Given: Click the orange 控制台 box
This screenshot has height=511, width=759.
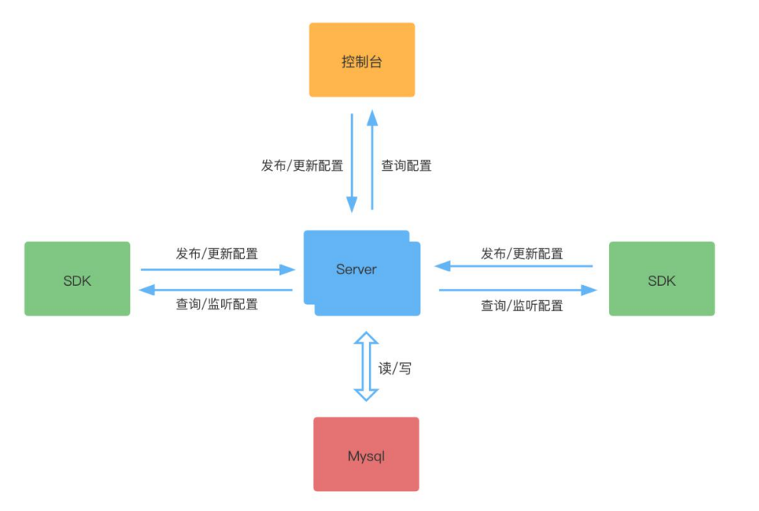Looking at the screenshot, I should pyautogui.click(x=362, y=60).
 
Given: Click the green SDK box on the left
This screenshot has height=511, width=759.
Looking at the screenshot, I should pyautogui.click(x=77, y=279).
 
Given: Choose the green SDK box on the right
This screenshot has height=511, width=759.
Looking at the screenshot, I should pyautogui.click(x=661, y=279).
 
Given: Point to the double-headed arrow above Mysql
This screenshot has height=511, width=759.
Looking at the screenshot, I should pyautogui.click(x=366, y=366).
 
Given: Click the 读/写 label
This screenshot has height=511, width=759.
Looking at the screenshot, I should pyautogui.click(x=395, y=368).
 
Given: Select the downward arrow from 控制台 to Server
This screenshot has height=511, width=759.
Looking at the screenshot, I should pyautogui.click(x=352, y=162).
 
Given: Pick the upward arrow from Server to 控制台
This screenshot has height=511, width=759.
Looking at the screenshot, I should pyautogui.click(x=372, y=159).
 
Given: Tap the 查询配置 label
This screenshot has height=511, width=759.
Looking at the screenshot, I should pyautogui.click(x=406, y=165).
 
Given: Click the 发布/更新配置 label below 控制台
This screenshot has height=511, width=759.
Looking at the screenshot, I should pyautogui.click(x=302, y=165).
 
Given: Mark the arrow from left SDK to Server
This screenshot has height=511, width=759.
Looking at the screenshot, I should pyautogui.click(x=217, y=270).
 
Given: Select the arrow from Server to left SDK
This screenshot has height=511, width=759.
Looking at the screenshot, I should pyautogui.click(x=217, y=290).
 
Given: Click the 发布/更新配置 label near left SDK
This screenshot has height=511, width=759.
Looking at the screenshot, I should pyautogui.click(x=217, y=254).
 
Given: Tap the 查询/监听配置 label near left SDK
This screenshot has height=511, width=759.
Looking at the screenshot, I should pyautogui.click(x=217, y=304).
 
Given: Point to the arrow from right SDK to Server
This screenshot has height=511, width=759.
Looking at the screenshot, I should pyautogui.click(x=513, y=266).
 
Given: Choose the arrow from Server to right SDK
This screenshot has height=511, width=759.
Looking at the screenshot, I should pyautogui.click(x=517, y=290).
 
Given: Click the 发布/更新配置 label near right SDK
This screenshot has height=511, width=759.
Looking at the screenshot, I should pyautogui.click(x=522, y=254).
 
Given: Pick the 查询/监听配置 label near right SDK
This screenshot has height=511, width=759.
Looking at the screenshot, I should pyautogui.click(x=522, y=306).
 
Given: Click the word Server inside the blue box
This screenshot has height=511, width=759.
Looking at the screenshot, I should pyautogui.click(x=357, y=270).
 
